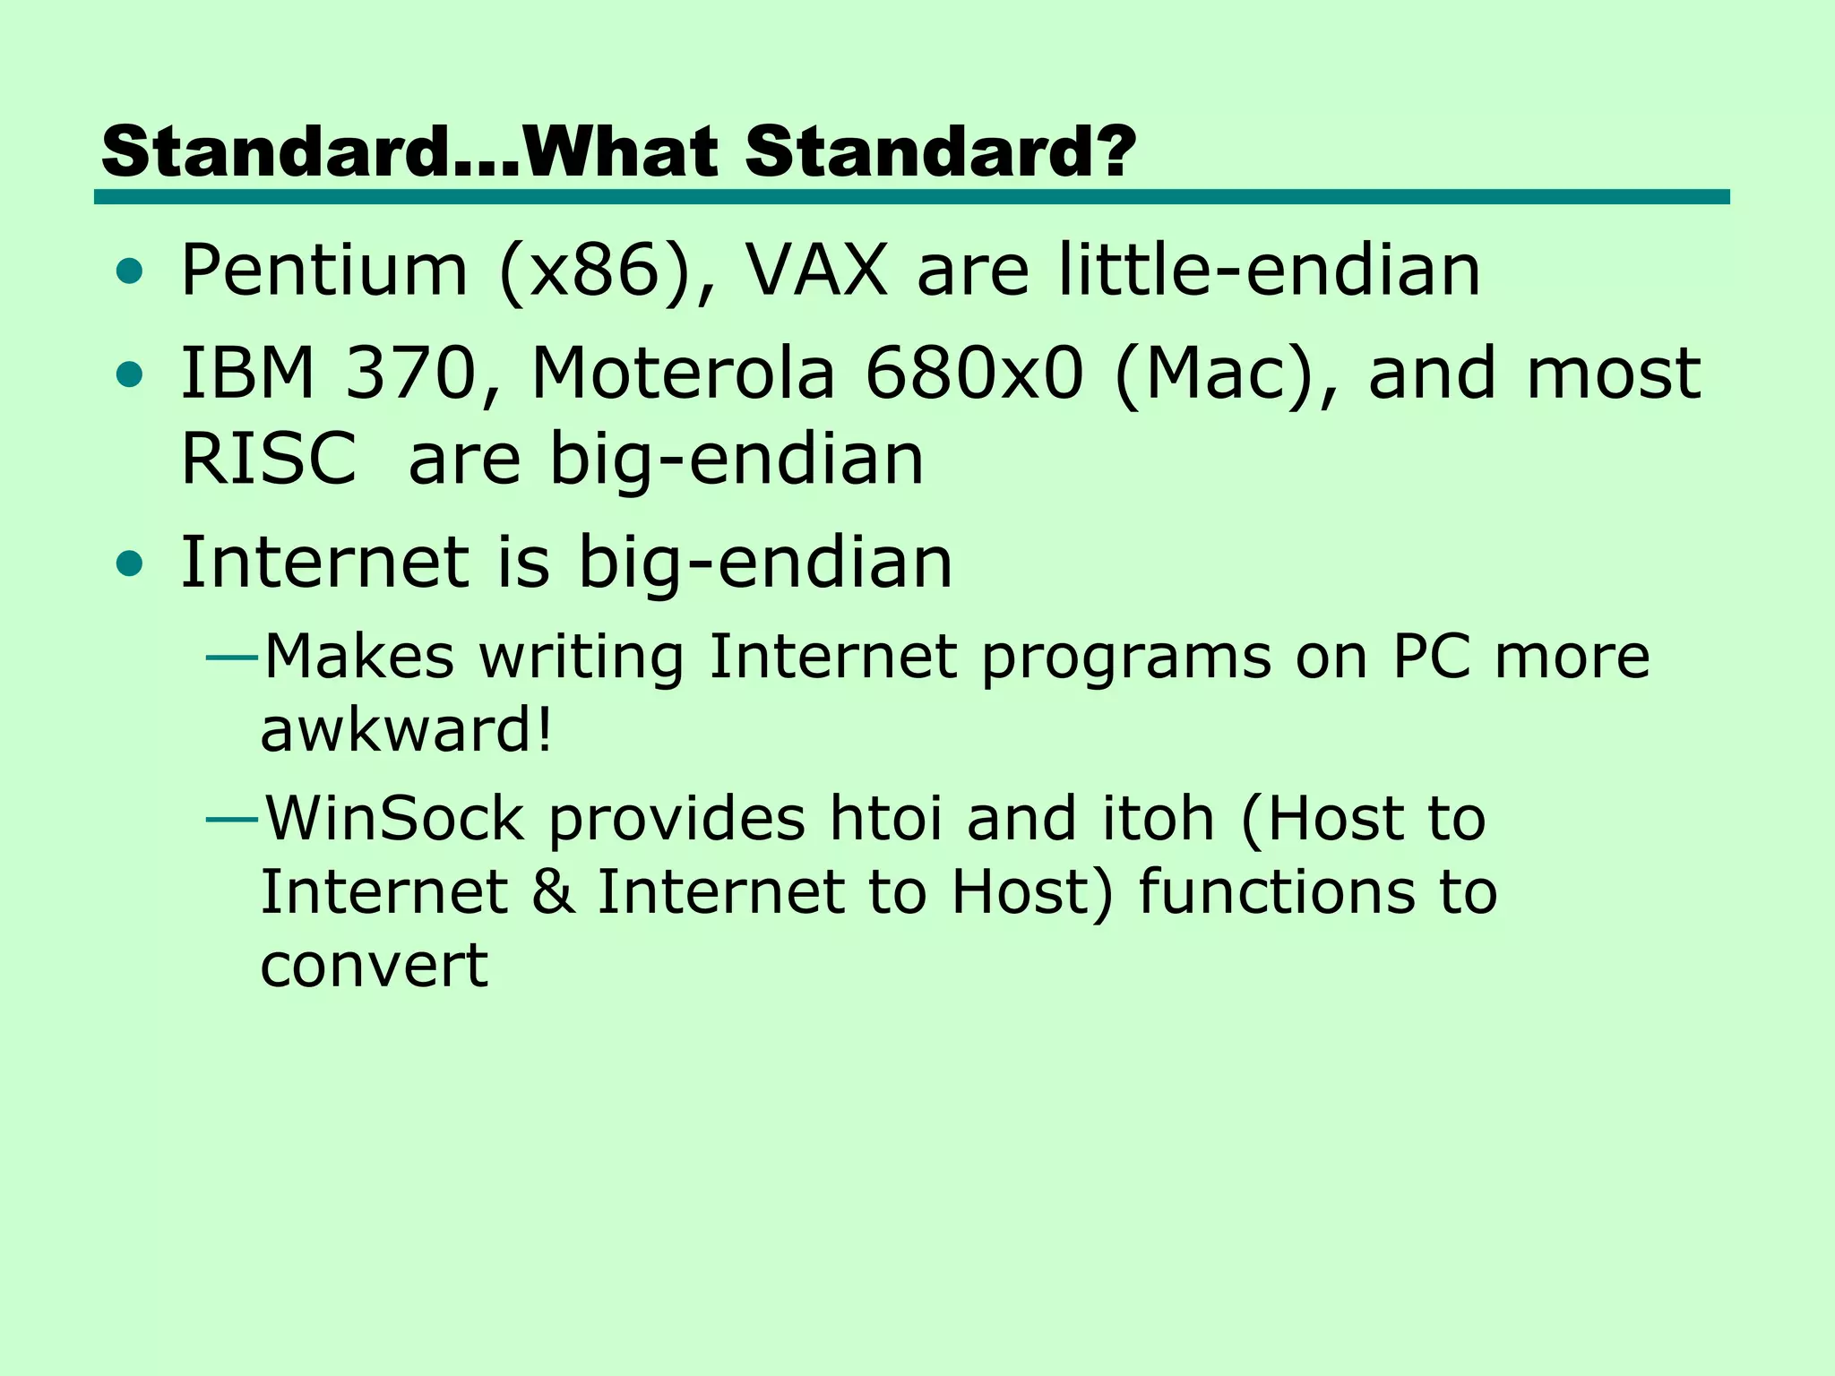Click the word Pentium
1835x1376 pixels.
(x=324, y=271)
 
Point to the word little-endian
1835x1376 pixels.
(x=1269, y=271)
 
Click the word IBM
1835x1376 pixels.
(x=248, y=373)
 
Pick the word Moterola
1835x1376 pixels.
(x=683, y=373)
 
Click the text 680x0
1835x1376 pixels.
(x=974, y=373)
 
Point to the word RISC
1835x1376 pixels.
(x=269, y=460)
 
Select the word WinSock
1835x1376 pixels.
(x=394, y=818)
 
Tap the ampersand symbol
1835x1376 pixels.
(x=553, y=892)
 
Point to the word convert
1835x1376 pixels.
(x=374, y=966)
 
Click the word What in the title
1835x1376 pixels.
(x=621, y=151)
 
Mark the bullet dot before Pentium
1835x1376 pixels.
(x=130, y=271)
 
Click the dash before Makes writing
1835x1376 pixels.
(x=232, y=658)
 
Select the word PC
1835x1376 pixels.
(x=1431, y=657)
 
